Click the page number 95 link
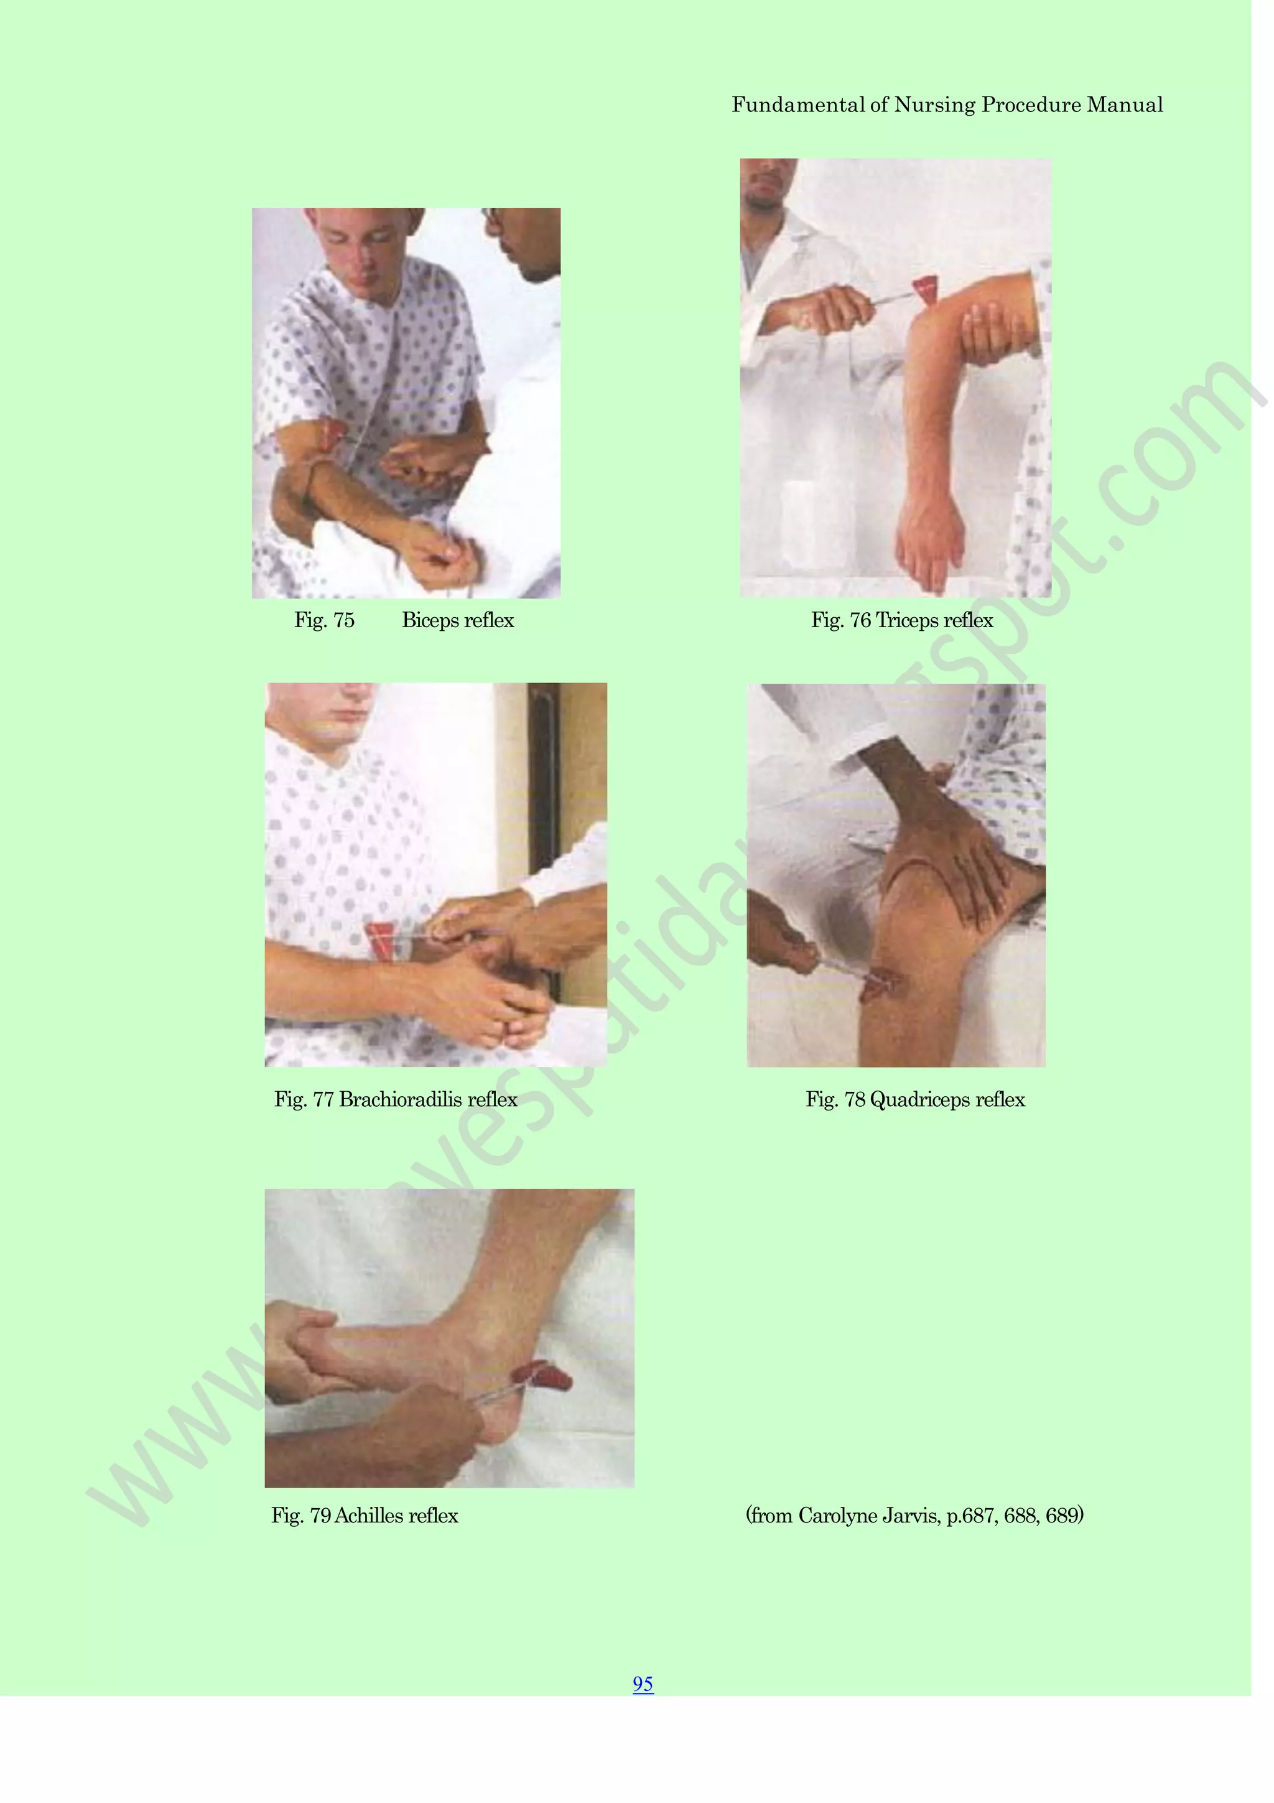pyautogui.click(x=642, y=1684)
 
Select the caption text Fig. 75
pyautogui.click(x=324, y=620)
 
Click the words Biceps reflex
pyautogui.click(x=458, y=620)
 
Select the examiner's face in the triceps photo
pyautogui.click(x=767, y=185)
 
